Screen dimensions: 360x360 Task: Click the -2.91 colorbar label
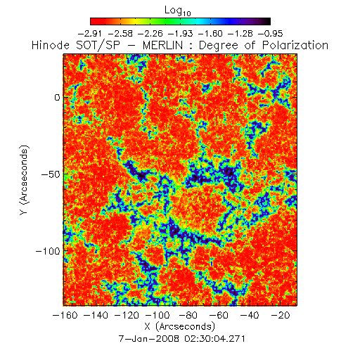90,34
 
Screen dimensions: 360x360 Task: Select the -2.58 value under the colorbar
121,34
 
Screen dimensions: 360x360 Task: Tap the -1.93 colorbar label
181,34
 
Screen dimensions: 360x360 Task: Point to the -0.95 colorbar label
271,34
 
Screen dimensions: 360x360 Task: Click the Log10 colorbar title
178,11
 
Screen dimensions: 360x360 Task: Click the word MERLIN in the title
162,45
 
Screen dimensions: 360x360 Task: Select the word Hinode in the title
51,45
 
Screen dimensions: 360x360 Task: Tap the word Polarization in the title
295,45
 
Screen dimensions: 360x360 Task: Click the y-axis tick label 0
58,98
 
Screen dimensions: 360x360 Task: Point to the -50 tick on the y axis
51,174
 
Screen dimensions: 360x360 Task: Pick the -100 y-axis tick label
48,251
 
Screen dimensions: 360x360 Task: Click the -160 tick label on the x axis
65,315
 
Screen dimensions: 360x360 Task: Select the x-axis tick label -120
127,315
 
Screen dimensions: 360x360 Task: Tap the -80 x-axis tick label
188,315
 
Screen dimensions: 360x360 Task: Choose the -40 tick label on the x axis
250,315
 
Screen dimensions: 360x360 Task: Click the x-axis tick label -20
281,315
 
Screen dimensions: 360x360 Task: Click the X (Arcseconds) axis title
180,327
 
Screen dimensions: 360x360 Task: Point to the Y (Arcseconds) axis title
24,180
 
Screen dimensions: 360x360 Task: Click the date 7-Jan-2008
149,339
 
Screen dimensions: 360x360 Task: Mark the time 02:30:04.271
214,339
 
